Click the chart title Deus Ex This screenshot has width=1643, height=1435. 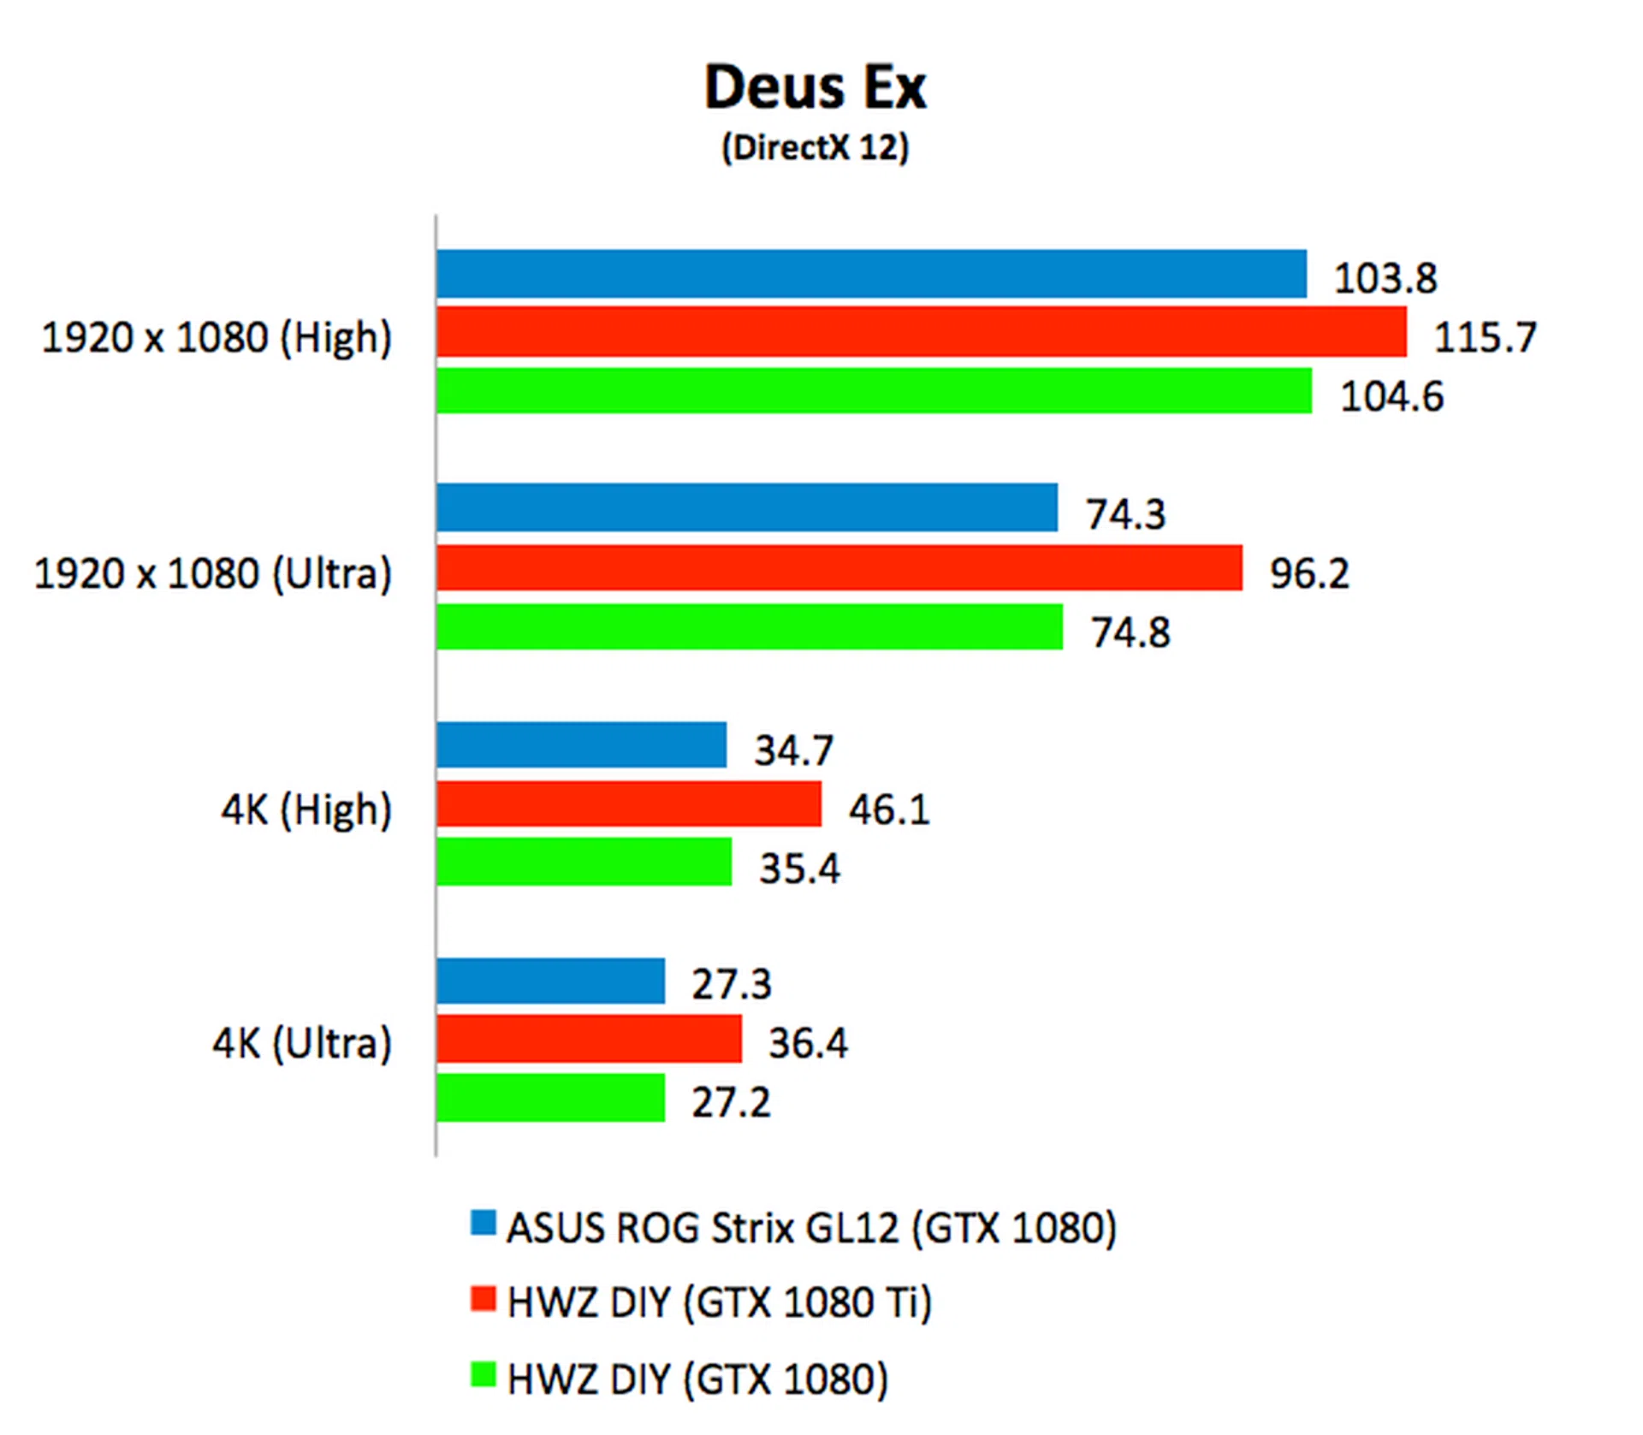(x=815, y=87)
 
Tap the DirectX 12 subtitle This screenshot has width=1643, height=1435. (x=815, y=147)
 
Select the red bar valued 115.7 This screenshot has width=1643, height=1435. (x=921, y=332)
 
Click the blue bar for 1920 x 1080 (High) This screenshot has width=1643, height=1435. (x=871, y=274)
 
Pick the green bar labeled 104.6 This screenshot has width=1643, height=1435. (x=874, y=391)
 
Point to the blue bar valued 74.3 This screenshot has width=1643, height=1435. (x=746, y=507)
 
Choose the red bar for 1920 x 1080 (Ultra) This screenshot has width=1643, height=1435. (x=839, y=567)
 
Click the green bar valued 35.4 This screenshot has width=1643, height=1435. (x=584, y=862)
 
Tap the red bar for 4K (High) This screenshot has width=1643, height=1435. (x=628, y=803)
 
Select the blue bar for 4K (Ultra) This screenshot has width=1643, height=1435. (x=550, y=981)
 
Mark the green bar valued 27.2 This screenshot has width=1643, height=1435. (x=550, y=1098)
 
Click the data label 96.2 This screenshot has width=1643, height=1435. (x=1308, y=573)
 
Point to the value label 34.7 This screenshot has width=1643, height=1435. (x=793, y=750)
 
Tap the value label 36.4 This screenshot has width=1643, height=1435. (x=808, y=1043)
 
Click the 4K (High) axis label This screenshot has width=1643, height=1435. (x=306, y=809)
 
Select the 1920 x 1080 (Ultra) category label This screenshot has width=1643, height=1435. (x=212, y=573)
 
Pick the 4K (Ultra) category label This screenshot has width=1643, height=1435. (x=302, y=1043)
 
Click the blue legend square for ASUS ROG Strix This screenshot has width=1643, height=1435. (x=483, y=1223)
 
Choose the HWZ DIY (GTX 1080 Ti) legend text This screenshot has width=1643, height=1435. (x=719, y=1302)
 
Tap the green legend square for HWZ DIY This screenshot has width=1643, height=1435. (x=483, y=1374)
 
